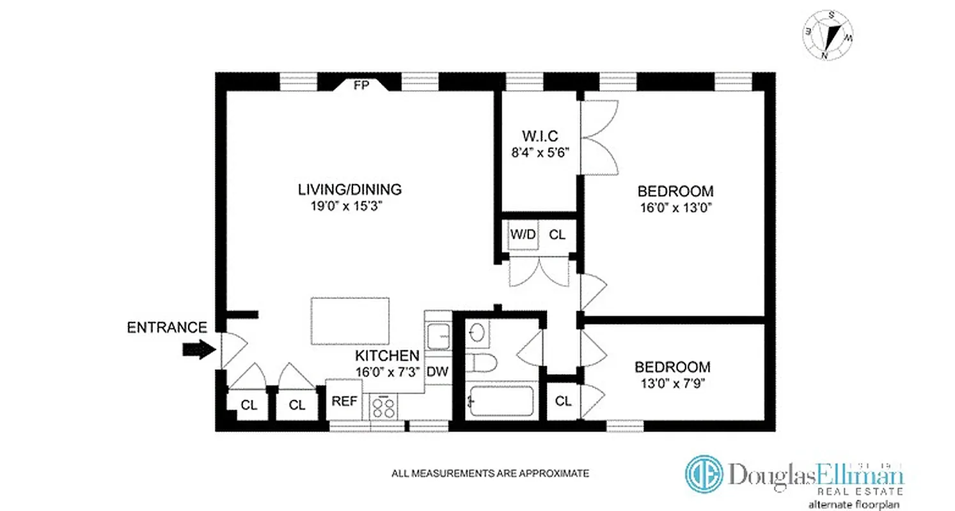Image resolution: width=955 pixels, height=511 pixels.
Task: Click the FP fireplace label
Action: pyautogui.click(x=361, y=86)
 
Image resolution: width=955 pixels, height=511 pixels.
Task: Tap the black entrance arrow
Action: pyautogui.click(x=199, y=349)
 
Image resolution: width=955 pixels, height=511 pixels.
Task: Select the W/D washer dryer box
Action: pyautogui.click(x=523, y=234)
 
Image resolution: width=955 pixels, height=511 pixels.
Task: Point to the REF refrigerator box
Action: pyautogui.click(x=343, y=401)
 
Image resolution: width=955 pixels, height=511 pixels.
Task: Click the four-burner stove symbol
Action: pyautogui.click(x=383, y=406)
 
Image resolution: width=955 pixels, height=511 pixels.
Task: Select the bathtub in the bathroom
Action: pyautogui.click(x=500, y=402)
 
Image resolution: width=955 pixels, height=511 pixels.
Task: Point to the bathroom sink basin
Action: pyautogui.click(x=477, y=333)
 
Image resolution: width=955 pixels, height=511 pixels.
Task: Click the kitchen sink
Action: pyautogui.click(x=438, y=335)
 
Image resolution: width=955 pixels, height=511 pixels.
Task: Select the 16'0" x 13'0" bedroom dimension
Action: pyautogui.click(x=675, y=207)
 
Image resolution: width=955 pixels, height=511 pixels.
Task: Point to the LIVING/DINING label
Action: pyautogui.click(x=349, y=189)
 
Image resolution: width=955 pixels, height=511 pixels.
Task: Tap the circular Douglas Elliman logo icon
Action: pyautogui.click(x=704, y=474)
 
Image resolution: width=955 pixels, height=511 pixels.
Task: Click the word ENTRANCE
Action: pyautogui.click(x=167, y=328)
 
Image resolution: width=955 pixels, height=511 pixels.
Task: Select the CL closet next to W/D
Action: pyautogui.click(x=557, y=234)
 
